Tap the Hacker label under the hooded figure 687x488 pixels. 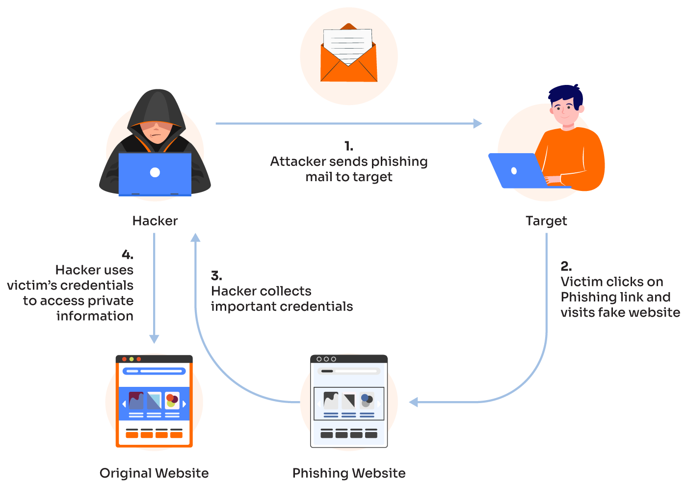click(155, 221)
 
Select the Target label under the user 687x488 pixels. click(546, 221)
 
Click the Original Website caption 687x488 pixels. click(154, 473)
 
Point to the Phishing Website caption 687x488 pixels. click(349, 473)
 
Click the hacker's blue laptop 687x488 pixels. click(155, 173)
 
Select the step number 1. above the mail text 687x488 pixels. click(348, 146)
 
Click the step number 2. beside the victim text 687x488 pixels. click(566, 267)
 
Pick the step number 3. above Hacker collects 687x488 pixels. click(216, 276)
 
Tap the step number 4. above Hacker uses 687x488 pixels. click(127, 255)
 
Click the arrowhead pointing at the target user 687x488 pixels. click(477, 123)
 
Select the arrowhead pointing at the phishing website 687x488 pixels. click(414, 403)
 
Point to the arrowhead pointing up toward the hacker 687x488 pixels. click(195, 238)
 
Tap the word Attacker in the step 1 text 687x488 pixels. click(298, 162)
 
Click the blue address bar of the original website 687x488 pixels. click(154, 371)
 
